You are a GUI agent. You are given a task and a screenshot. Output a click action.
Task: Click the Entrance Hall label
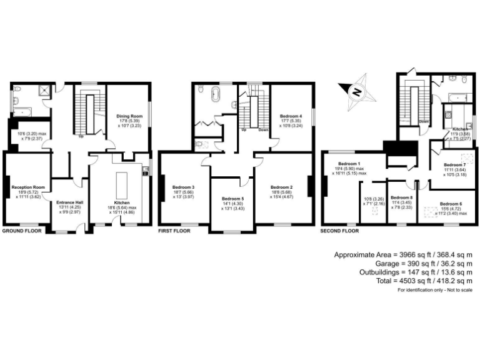(69, 203)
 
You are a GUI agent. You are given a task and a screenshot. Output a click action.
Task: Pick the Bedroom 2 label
(282, 187)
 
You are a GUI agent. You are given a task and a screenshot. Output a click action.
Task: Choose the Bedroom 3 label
(184, 187)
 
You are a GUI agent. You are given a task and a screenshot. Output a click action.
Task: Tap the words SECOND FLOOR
(339, 231)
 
